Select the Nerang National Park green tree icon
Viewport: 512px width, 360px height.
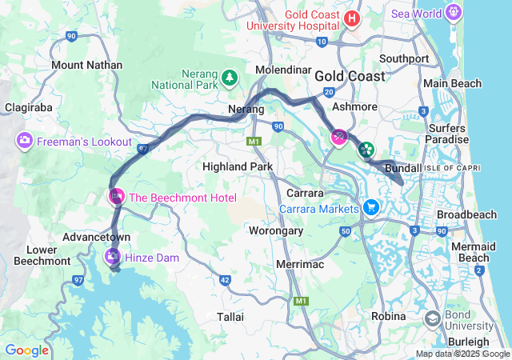(230, 77)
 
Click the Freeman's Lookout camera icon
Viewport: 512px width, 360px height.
(25, 142)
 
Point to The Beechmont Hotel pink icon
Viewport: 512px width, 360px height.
(117, 196)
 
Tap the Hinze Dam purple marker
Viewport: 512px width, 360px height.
(112, 257)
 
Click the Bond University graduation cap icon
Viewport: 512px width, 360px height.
(432, 319)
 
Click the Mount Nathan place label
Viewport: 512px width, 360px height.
(86, 65)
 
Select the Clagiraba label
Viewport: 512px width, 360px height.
(29, 106)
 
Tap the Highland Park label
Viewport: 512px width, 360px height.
(238, 166)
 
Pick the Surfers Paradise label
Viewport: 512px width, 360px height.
(447, 134)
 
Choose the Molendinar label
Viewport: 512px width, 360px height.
(282, 71)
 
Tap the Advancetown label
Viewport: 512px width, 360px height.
(97, 238)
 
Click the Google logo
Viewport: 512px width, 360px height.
(26, 350)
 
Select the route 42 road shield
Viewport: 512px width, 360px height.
(225, 280)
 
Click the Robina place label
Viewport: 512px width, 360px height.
(388, 317)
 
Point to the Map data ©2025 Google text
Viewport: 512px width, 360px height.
(462, 354)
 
